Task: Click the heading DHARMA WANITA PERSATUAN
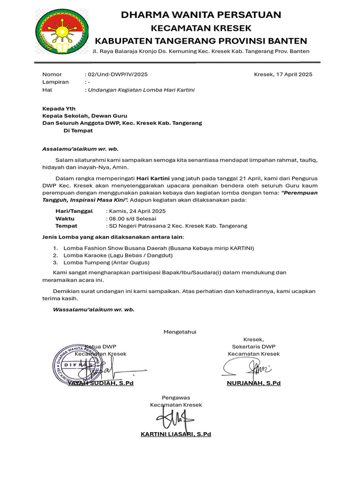(201, 15)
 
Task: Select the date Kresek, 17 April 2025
(283, 74)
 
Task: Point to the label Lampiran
(55, 82)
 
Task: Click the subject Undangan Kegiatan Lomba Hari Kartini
(141, 90)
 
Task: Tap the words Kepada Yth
(59, 108)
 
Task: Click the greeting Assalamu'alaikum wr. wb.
(80, 149)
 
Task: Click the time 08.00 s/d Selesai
(133, 218)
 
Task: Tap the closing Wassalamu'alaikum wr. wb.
(93, 309)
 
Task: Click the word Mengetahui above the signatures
(180, 332)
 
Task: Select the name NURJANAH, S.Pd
(254, 383)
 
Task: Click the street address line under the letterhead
(201, 51)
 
